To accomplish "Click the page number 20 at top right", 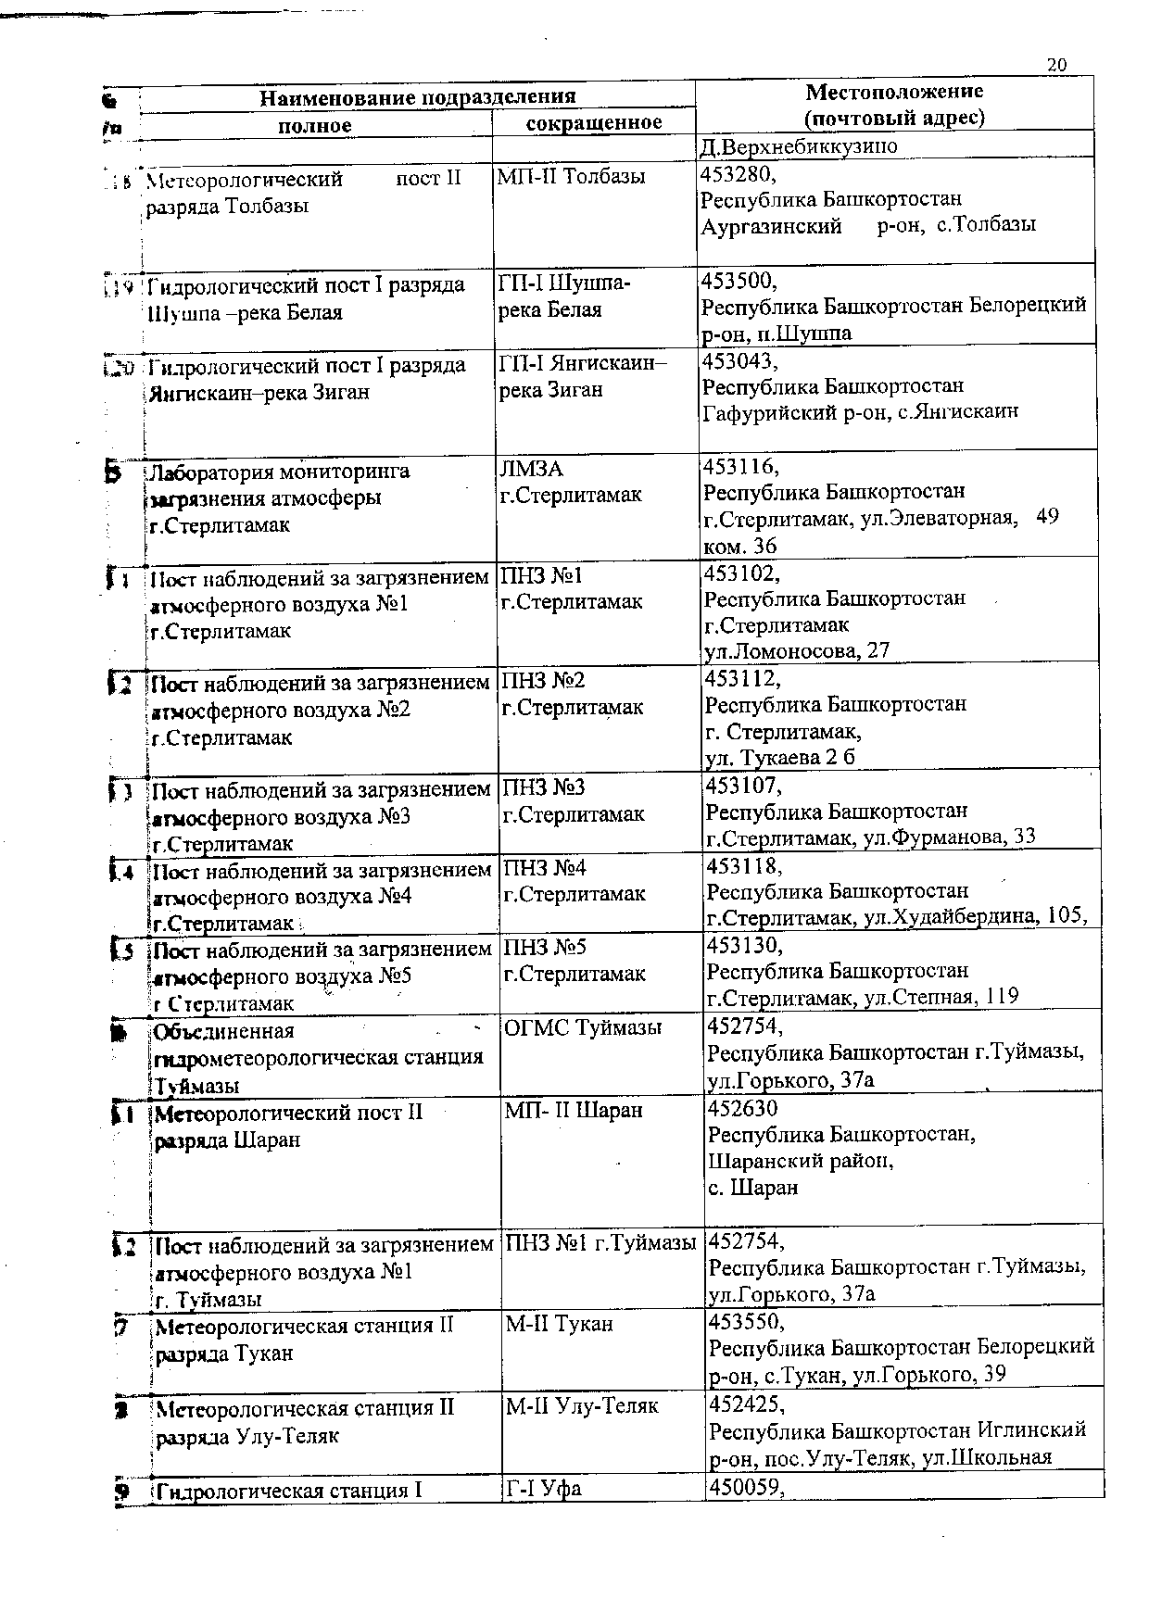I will pos(1056,65).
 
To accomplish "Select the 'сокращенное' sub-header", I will pos(594,123).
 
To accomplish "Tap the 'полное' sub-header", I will pos(315,125).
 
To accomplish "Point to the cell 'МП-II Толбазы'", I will pos(571,176).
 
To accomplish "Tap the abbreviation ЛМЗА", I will pos(532,470).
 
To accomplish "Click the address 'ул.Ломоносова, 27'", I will pos(797,650).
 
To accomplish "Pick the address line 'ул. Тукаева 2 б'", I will pos(779,757).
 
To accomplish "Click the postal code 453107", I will pos(744,787).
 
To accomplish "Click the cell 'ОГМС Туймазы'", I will pos(583,1027).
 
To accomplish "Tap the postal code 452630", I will pos(743,1108).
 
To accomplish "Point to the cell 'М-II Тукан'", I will pos(559,1324).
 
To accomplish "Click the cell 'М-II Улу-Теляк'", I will pos(581,1406).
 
